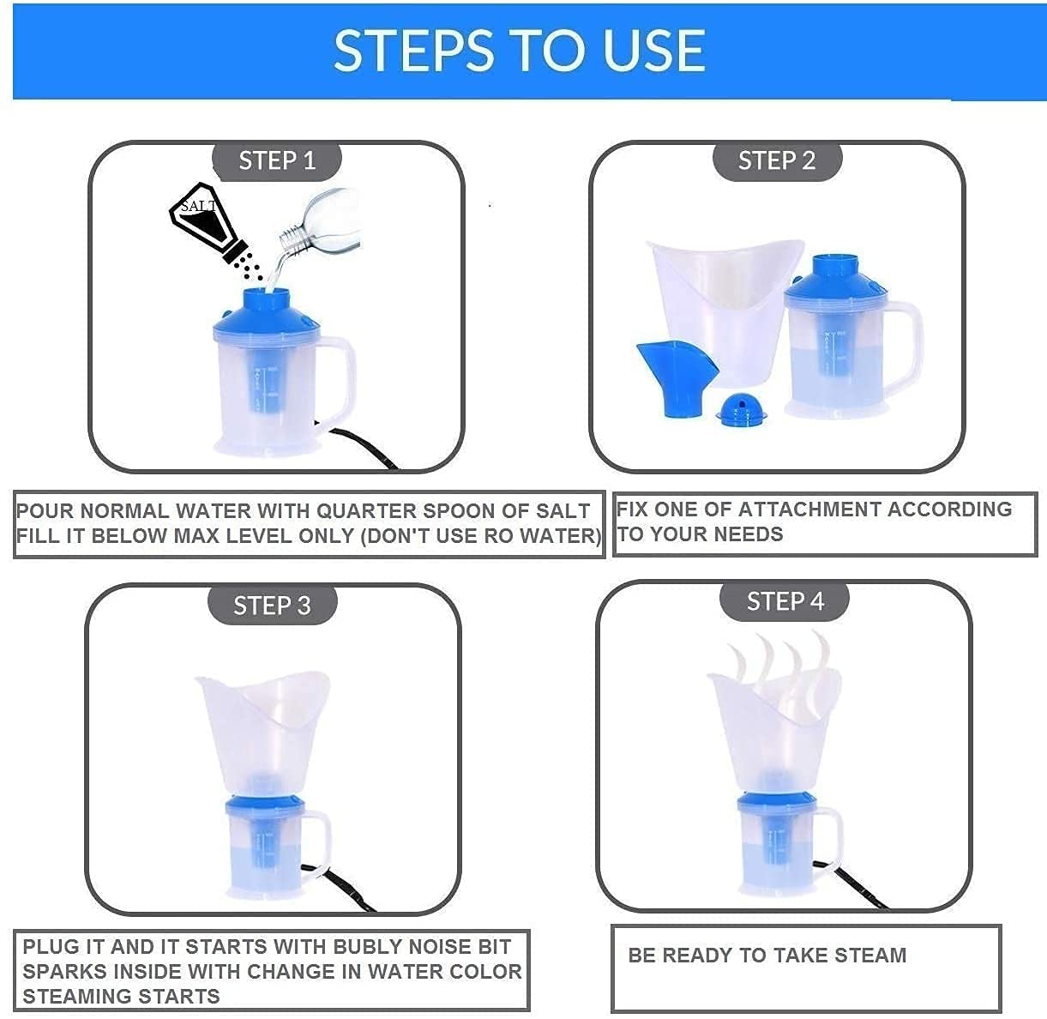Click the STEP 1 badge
277,160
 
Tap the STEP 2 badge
777,160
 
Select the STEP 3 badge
272,605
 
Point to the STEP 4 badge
785,600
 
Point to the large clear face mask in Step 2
726,312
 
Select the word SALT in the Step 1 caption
563,510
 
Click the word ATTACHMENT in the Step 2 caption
810,509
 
